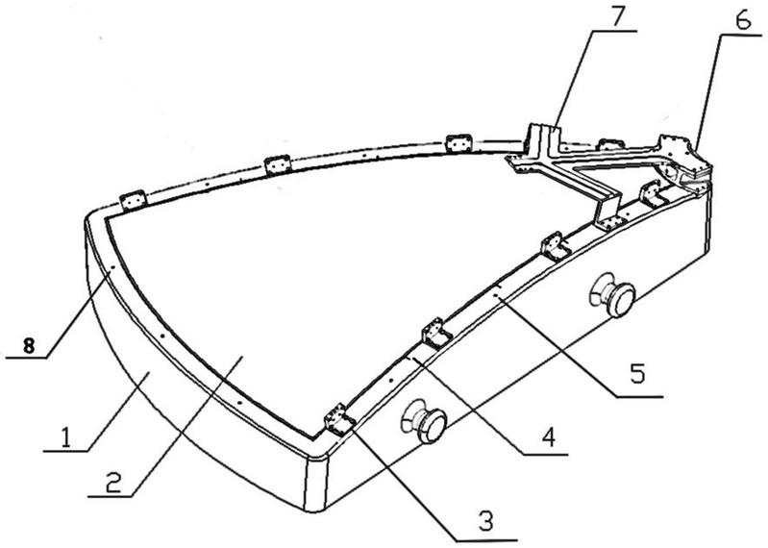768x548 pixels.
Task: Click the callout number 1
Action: click(x=65, y=437)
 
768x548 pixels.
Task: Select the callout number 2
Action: click(x=113, y=483)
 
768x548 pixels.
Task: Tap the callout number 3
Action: click(x=484, y=522)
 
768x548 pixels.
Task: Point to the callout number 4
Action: click(x=549, y=436)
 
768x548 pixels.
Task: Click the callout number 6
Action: click(x=743, y=20)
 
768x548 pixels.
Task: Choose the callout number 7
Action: click(x=616, y=18)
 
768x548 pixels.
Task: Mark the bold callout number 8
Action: click(x=29, y=346)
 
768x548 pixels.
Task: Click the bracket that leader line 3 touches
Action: click(x=338, y=421)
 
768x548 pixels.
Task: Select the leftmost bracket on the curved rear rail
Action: click(x=134, y=200)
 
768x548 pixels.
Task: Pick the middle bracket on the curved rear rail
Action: click(x=277, y=164)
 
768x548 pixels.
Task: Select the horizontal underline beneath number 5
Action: click(x=639, y=396)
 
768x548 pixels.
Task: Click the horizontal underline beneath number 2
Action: click(x=111, y=497)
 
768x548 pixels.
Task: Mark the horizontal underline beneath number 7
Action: click(x=614, y=31)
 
